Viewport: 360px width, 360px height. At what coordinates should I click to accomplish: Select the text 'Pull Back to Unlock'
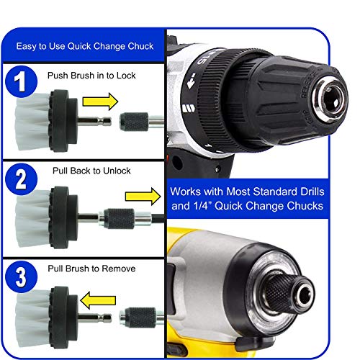pyautogui.click(x=89, y=171)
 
